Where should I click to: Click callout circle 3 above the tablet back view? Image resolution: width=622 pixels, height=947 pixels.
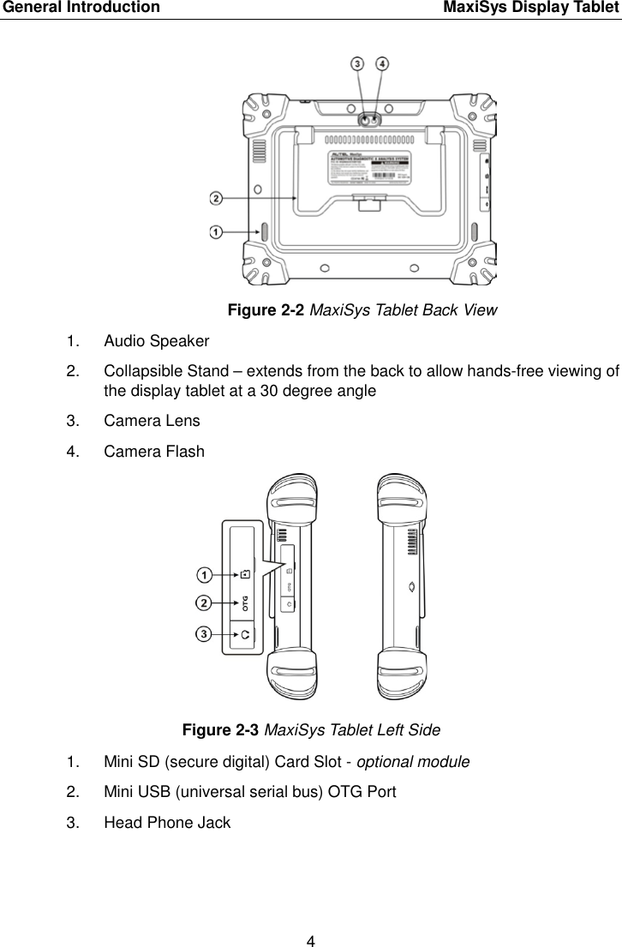(357, 63)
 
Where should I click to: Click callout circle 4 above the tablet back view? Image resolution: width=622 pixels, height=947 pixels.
(381, 63)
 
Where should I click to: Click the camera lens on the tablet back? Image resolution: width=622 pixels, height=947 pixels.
(368, 122)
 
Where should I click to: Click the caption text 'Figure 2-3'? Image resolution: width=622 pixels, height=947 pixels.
(220, 730)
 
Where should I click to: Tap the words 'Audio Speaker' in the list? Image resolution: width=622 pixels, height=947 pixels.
(156, 341)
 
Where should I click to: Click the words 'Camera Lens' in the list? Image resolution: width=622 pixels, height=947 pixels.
(152, 421)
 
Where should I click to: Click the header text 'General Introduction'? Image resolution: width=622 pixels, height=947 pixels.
(80, 9)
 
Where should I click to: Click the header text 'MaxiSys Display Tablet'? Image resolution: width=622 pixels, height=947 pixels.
(531, 9)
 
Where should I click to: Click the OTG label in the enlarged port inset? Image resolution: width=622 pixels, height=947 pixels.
(245, 603)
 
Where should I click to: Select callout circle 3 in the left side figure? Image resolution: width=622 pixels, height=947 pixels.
(204, 634)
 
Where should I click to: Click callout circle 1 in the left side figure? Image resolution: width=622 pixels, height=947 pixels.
(204, 572)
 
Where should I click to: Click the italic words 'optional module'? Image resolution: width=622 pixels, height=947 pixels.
(413, 761)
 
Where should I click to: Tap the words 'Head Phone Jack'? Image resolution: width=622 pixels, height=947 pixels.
(166, 823)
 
